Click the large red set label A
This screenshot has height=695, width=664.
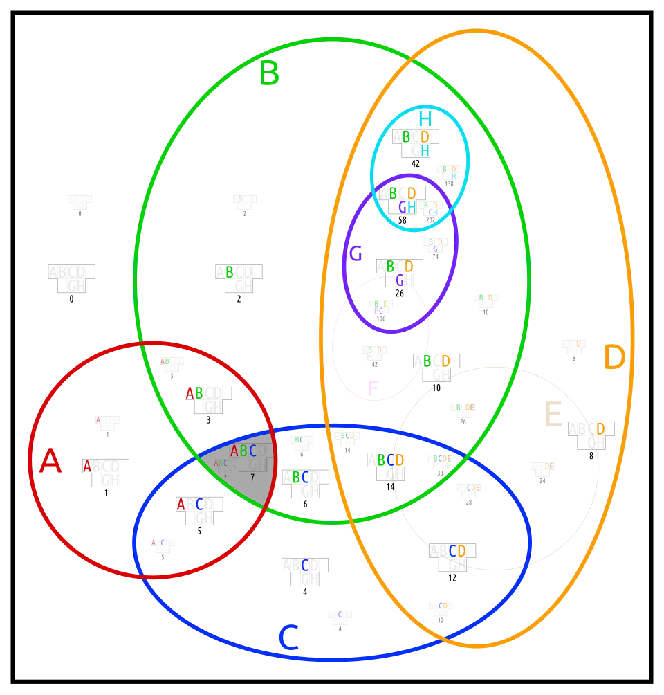(50, 462)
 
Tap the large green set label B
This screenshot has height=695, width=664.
(270, 73)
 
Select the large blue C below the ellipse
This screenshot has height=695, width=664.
(288, 638)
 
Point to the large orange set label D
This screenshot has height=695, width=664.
(614, 358)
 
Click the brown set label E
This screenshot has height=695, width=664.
(553, 416)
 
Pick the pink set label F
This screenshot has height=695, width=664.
(373, 389)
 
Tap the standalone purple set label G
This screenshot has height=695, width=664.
(356, 254)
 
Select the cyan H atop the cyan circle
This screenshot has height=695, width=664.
(424, 118)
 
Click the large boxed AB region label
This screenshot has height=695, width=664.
(194, 393)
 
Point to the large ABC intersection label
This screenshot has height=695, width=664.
(243, 451)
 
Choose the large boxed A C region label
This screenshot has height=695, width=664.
(190, 505)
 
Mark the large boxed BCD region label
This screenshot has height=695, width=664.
(390, 460)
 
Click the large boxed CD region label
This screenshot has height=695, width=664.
(457, 551)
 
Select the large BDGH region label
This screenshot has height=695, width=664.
(402, 199)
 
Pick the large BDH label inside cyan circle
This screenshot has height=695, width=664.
(416, 142)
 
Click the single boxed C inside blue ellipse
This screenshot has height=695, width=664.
(304, 565)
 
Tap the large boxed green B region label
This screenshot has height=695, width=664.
(229, 272)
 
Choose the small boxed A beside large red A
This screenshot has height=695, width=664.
(87, 467)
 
